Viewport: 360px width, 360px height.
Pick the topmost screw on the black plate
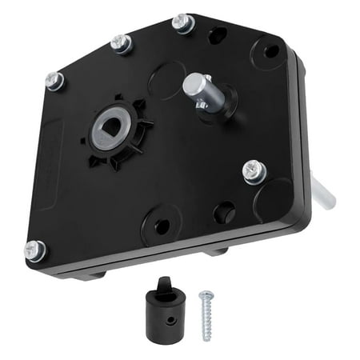[183, 24]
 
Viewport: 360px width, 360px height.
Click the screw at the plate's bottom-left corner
[35, 250]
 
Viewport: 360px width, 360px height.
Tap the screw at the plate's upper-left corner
[54, 80]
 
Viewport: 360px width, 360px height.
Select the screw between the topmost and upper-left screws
[122, 44]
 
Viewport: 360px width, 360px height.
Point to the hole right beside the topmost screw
[217, 35]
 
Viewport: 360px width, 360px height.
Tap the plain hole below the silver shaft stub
[226, 212]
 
